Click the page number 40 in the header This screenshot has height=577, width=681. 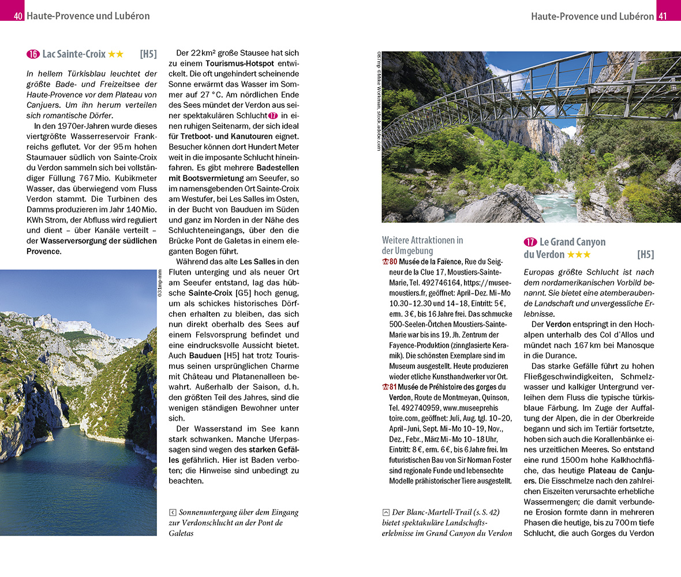point(18,16)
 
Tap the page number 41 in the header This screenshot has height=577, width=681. point(663,16)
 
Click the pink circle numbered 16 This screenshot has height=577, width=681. point(33,54)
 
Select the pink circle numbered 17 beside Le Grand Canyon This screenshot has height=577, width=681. point(530,242)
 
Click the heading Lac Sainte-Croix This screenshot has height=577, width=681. point(74,54)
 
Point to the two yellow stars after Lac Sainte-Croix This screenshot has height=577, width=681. point(115,54)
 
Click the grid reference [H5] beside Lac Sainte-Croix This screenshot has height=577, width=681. point(148,54)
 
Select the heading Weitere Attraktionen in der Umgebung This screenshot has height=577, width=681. point(422,245)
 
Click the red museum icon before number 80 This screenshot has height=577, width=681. point(386,262)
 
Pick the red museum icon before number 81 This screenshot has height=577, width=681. point(386,387)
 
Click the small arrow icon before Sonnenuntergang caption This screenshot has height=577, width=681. point(172,512)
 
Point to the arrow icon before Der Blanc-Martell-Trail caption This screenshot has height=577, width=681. point(386,512)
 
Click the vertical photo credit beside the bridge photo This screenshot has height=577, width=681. point(379,101)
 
